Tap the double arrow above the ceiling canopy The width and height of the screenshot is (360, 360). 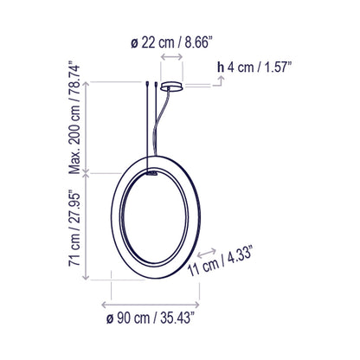tap(170, 56)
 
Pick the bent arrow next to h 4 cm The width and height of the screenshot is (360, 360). tap(222, 81)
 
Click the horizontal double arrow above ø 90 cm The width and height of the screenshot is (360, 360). tap(152, 305)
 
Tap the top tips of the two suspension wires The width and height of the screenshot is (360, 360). tap(152, 85)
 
